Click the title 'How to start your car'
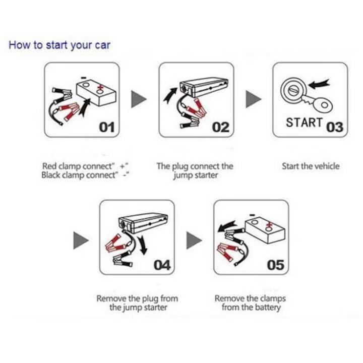coord(59,45)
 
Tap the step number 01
coord(107,127)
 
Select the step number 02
coord(221,127)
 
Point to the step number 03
coord(335,127)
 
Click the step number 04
coord(162,265)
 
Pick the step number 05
coord(275,265)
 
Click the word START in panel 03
coord(305,123)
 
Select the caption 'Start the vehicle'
coord(311,166)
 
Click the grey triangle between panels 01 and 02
coord(139,99)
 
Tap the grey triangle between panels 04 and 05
coord(194,240)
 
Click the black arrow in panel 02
coord(170,94)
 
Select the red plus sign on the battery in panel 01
coord(100,88)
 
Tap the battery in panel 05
coord(265,230)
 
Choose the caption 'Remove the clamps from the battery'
coord(251,303)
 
